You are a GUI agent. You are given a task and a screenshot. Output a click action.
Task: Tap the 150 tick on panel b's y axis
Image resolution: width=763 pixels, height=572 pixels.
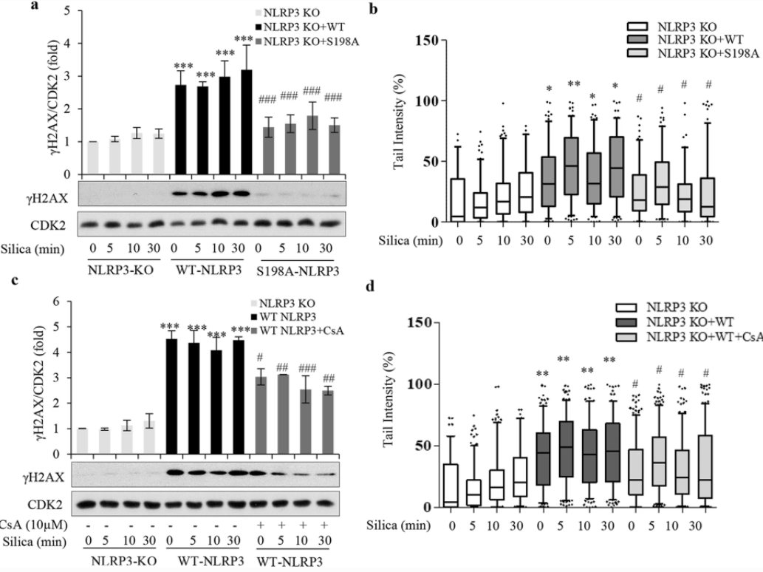428,39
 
